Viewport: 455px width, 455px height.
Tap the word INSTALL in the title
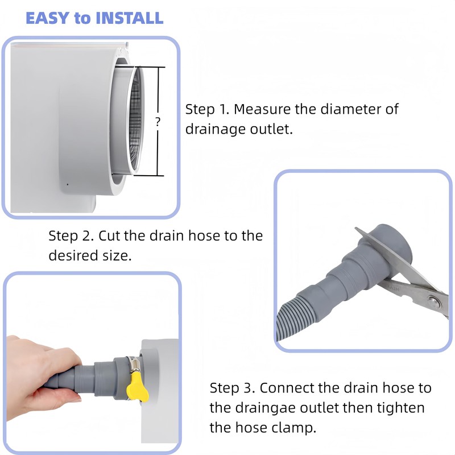(130, 18)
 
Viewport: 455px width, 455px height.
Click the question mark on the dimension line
(158, 122)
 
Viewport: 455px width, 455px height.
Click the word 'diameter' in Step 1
(351, 109)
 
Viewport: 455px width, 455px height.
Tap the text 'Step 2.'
(71, 235)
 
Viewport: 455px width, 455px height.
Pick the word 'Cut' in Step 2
(109, 235)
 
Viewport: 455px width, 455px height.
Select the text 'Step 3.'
(233, 388)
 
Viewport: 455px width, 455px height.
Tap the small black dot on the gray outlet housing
(68, 184)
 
